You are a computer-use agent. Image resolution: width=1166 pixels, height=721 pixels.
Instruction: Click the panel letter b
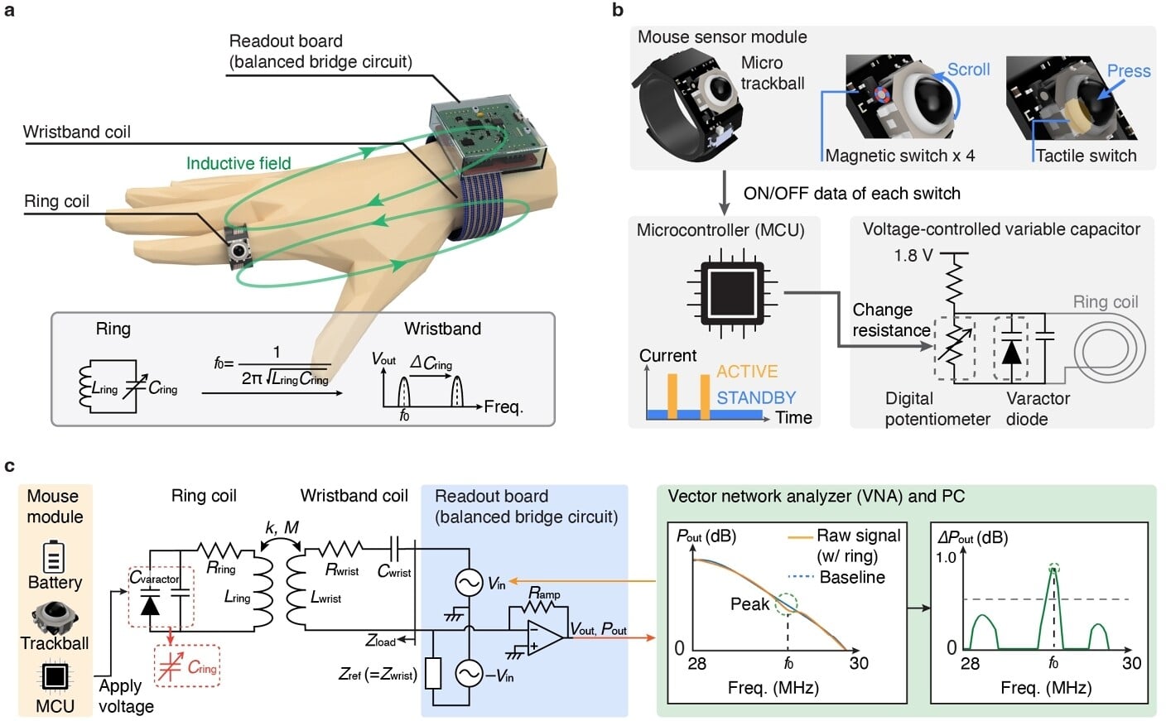click(x=618, y=11)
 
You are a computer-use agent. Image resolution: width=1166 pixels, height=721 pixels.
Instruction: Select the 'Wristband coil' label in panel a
click(x=76, y=132)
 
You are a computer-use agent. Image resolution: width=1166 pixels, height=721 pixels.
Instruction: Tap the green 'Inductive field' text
click(x=238, y=163)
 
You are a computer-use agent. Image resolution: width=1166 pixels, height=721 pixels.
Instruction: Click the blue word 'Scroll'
click(x=968, y=70)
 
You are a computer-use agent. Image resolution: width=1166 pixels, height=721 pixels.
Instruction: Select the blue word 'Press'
click(x=1128, y=71)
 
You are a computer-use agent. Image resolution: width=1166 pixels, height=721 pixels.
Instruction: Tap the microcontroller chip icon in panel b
click(x=725, y=292)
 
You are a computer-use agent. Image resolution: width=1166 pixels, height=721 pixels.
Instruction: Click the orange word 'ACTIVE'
click(x=747, y=372)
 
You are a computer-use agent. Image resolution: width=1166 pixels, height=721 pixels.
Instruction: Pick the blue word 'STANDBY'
click(x=755, y=398)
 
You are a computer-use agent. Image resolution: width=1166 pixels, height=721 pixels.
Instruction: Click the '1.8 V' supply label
click(x=913, y=256)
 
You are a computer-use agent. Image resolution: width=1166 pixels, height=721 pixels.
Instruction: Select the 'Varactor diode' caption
click(x=1037, y=409)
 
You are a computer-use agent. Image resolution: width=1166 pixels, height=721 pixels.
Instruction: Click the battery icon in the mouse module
click(x=54, y=556)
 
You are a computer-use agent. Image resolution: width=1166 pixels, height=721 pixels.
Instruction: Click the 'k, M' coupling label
click(x=282, y=528)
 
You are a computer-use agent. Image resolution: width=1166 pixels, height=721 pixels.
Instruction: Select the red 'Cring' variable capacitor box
click(x=187, y=666)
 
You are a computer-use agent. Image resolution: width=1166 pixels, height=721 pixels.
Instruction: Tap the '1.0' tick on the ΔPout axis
click(x=946, y=557)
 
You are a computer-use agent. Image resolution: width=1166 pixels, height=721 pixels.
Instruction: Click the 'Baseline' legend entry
click(x=851, y=578)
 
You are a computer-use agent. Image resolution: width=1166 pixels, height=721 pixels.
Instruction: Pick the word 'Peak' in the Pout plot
click(x=749, y=604)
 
